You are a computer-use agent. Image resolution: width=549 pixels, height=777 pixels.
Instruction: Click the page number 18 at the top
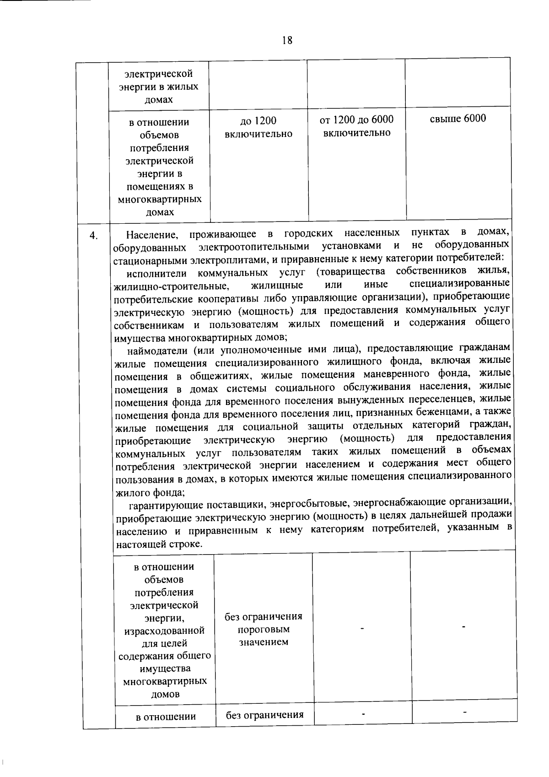[287, 40]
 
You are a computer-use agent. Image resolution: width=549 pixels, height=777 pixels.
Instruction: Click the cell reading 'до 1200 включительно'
[258, 127]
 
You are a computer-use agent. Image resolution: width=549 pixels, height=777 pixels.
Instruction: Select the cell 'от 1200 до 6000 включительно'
[356, 126]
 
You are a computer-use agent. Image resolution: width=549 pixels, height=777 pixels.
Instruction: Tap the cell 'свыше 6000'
[458, 119]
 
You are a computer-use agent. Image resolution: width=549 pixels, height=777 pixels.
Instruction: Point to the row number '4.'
[93, 236]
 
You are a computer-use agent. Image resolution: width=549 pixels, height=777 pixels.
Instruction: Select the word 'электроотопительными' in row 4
[254, 247]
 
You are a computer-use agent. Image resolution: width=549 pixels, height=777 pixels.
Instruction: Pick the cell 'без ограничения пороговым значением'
[264, 629]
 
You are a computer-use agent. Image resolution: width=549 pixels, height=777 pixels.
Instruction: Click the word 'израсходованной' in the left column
[164, 631]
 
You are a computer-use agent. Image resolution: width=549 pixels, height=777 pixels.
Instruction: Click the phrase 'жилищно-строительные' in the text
[171, 286]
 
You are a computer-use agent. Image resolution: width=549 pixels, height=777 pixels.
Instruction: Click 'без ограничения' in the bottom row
[265, 715]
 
